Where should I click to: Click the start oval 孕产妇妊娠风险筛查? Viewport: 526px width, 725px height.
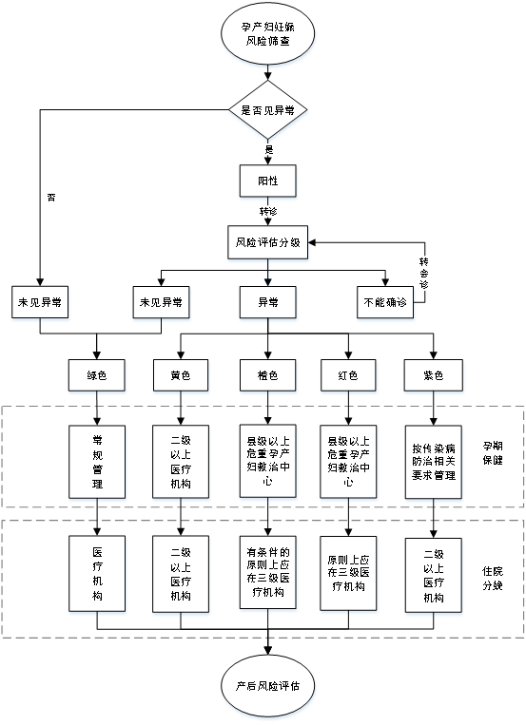[267, 34]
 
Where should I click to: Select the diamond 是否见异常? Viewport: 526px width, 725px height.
[267, 110]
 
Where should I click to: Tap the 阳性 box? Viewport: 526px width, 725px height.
[267, 181]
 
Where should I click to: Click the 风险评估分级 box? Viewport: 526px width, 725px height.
[267, 242]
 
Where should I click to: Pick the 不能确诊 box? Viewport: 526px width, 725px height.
[385, 302]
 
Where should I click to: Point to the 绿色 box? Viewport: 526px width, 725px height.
[97, 375]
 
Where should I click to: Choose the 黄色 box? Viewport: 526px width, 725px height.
[181, 375]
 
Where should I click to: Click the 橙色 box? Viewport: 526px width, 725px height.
[267, 375]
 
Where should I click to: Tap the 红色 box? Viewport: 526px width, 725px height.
[348, 375]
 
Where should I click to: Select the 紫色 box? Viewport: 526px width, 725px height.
[434, 375]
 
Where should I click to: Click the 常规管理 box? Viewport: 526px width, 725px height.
[97, 462]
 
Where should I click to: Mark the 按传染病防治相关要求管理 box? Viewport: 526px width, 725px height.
[434, 462]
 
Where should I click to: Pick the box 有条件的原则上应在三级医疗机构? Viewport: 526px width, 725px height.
[267, 572]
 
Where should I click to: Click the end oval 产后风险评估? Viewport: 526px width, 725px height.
[267, 686]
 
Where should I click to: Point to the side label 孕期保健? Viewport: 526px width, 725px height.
[492, 453]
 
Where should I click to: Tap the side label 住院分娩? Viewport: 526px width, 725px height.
[492, 579]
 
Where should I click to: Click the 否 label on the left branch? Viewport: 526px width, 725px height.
[51, 198]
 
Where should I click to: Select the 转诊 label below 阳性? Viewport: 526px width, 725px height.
[268, 211]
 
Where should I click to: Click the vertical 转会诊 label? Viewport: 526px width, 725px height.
[423, 274]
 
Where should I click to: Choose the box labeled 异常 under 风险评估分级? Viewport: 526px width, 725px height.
[267, 302]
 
